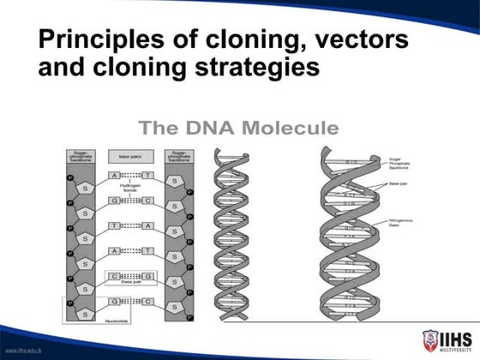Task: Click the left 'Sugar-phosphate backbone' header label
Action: (83, 157)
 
